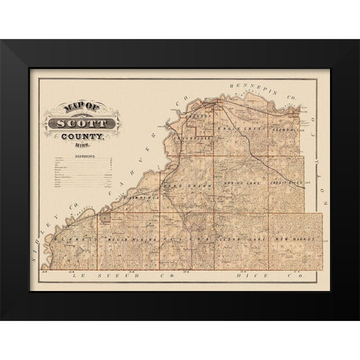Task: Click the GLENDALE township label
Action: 290,128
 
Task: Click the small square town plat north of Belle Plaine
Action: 106,218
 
